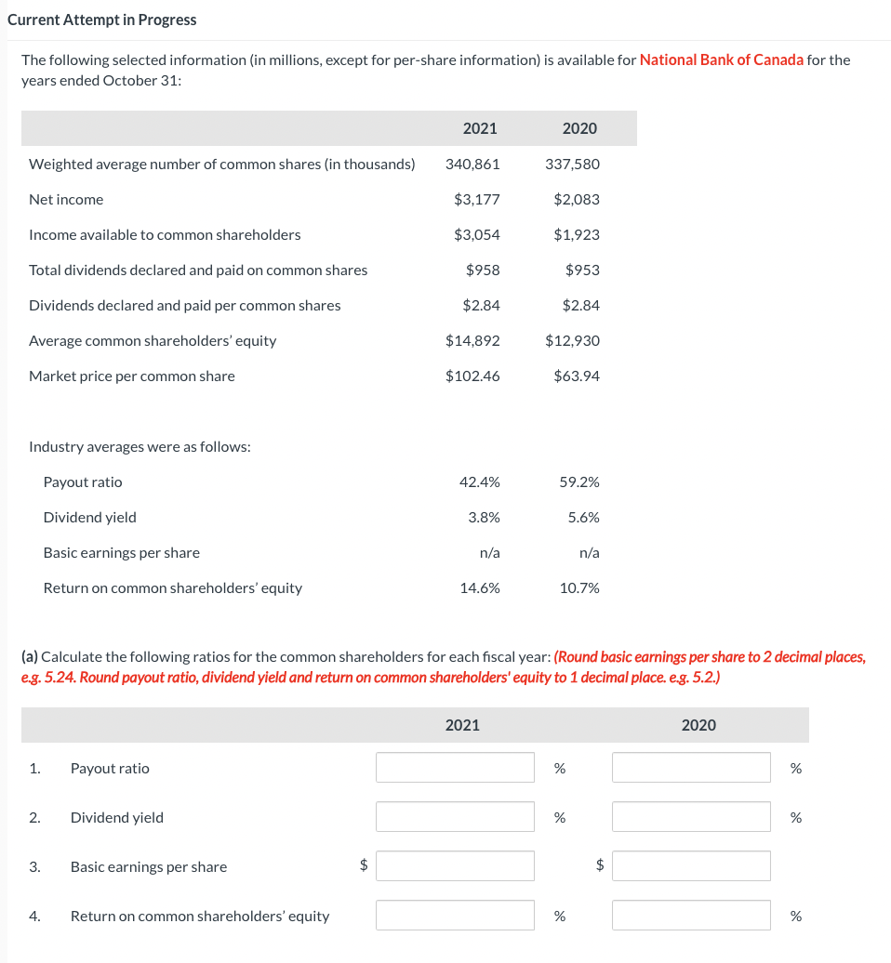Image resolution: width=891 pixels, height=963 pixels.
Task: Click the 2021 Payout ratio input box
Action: (x=455, y=768)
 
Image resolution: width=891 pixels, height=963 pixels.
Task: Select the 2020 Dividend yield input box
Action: (x=691, y=817)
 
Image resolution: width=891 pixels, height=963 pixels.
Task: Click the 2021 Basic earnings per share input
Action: (x=455, y=866)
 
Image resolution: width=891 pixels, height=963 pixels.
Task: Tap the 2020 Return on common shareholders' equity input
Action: (x=691, y=916)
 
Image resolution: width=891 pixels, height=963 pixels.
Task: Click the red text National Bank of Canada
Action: (x=722, y=59)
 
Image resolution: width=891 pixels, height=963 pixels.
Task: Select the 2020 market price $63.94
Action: (x=577, y=376)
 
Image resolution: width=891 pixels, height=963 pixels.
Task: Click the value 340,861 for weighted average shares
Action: (x=472, y=164)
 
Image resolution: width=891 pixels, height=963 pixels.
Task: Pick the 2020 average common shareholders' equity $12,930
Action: (x=572, y=340)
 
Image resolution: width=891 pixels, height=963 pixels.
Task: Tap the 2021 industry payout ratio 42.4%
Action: (x=479, y=481)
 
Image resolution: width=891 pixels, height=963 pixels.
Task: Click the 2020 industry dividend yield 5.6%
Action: (x=583, y=517)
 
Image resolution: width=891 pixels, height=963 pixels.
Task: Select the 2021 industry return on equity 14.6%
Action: (x=479, y=587)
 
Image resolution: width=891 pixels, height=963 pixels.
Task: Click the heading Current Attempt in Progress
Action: (x=102, y=20)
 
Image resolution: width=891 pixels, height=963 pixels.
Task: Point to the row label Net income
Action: (x=66, y=199)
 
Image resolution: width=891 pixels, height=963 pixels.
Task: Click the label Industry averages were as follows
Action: (x=140, y=446)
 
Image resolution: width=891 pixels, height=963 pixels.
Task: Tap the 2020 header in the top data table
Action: (x=579, y=128)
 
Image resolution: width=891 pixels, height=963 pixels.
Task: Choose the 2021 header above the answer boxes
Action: (x=462, y=725)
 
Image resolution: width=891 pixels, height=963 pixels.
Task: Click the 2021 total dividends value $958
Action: (x=483, y=270)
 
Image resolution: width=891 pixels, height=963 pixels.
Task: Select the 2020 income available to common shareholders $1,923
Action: (x=577, y=234)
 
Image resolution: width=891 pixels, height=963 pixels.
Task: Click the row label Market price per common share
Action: (x=132, y=376)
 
